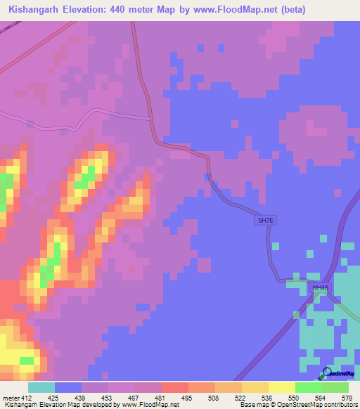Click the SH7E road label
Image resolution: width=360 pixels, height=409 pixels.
264,221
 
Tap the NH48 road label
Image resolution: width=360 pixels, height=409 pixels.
321,288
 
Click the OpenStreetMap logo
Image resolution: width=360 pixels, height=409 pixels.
338,374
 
